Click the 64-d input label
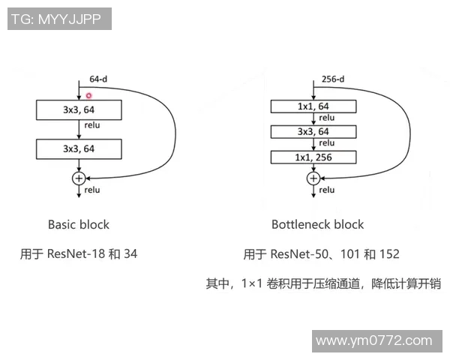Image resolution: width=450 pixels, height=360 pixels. tap(100, 78)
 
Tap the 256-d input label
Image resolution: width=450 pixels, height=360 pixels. tap(332, 78)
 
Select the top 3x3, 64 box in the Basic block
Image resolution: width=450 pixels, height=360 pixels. tap(79, 110)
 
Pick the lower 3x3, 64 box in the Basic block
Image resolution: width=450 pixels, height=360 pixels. tap(79, 148)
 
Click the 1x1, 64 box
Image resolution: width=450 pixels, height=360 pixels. tap(313, 106)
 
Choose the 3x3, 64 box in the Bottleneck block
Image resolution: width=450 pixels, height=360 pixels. tap(313, 132)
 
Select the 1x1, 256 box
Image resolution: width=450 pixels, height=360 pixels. tap(313, 157)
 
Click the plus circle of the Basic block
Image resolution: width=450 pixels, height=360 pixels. tap(79, 178)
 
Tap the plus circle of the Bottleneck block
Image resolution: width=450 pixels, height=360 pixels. tap(313, 178)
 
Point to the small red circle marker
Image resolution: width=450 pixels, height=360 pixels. tap(88, 95)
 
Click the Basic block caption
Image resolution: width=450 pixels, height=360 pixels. tap(79, 224)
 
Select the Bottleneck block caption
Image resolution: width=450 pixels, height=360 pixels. tap(317, 224)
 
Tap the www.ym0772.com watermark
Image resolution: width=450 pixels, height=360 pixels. tap(374, 341)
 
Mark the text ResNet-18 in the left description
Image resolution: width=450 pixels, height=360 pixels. tap(75, 254)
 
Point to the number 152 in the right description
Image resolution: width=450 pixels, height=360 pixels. tap(389, 254)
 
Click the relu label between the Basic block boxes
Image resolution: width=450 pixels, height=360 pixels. tap(92, 125)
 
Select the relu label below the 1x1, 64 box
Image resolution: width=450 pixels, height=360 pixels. tap(326, 118)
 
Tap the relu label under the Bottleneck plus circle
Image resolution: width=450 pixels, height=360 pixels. tap(326, 190)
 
